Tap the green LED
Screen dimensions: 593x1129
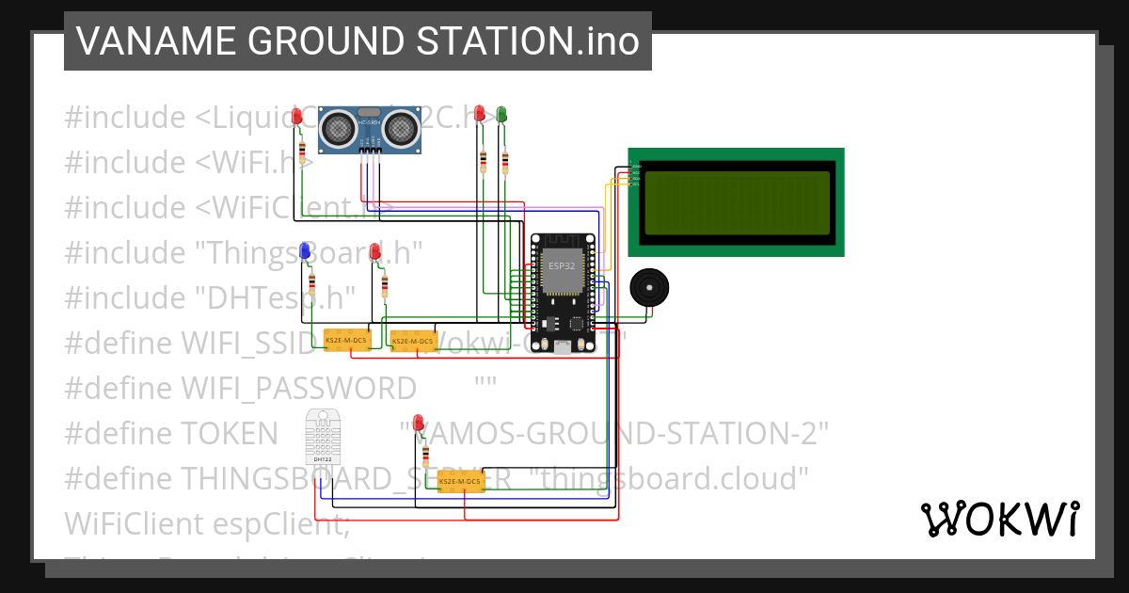click(501, 115)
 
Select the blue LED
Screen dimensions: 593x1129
click(305, 251)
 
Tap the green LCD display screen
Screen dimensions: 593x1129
click(737, 202)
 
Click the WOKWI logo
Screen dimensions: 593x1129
click(999, 519)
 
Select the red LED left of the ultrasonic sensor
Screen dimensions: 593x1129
click(297, 117)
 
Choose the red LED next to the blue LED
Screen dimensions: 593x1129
click(375, 252)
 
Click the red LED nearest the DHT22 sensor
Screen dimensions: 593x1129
click(419, 424)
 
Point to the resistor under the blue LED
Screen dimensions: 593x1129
click(312, 285)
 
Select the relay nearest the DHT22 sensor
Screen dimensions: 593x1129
click(460, 482)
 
